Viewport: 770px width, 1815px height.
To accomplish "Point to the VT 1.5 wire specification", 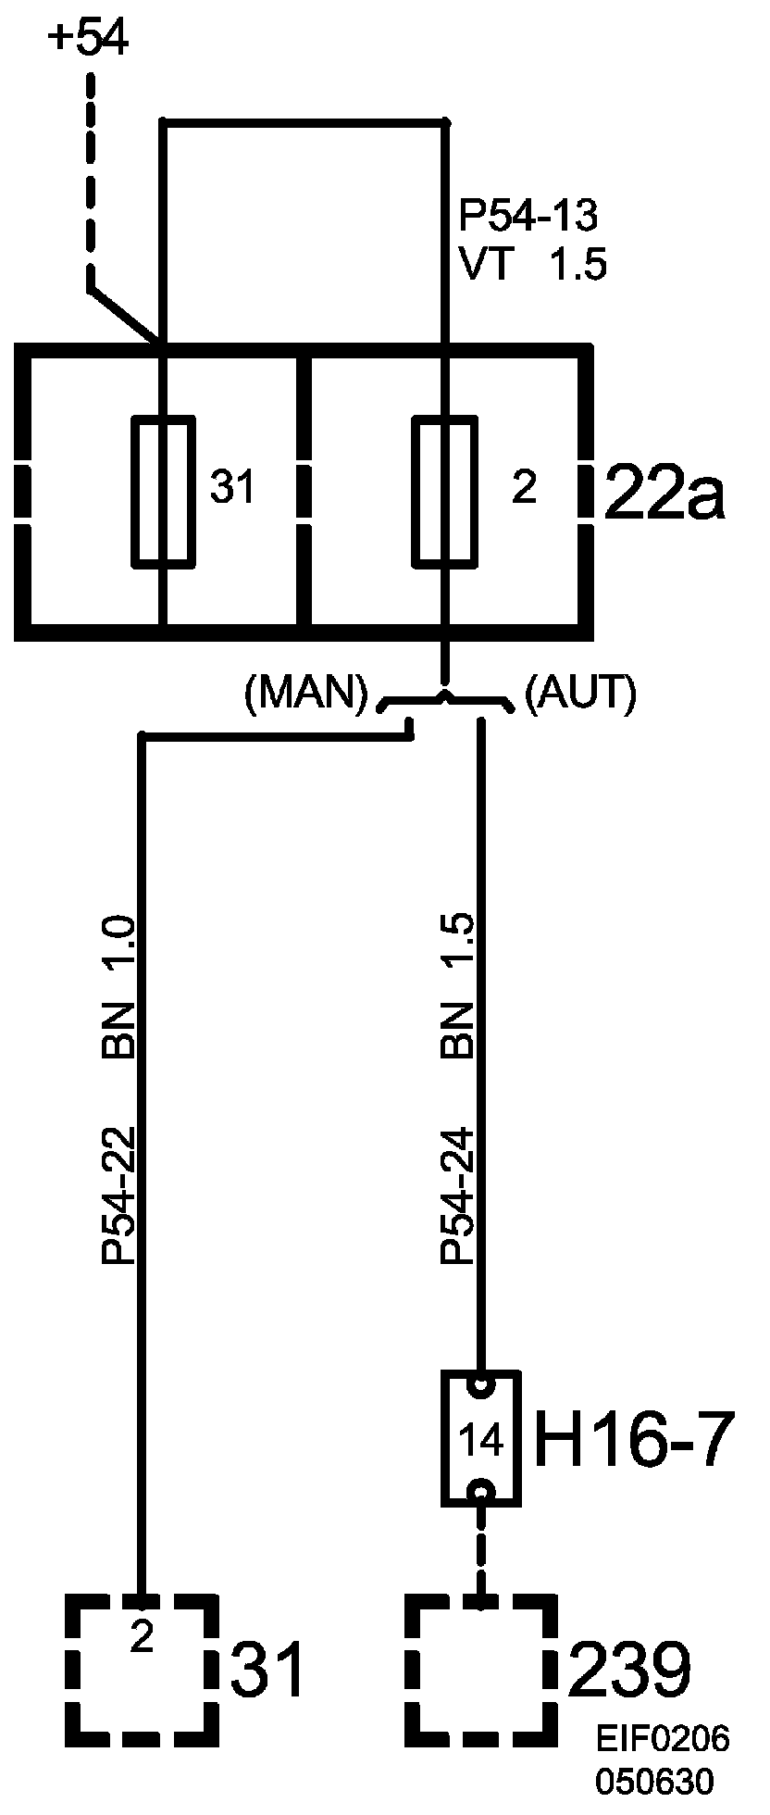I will (x=532, y=266).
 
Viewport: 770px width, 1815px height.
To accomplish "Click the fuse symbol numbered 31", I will (x=165, y=490).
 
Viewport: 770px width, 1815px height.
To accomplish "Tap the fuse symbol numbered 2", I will (x=445, y=490).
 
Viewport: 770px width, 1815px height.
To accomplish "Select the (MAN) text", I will (x=305, y=694).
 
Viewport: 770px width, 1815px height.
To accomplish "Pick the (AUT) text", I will (x=580, y=694).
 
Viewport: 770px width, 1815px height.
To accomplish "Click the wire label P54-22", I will (x=120, y=1195).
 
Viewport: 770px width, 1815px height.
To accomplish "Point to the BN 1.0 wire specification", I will (x=120, y=986).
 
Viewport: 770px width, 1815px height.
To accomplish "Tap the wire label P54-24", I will (x=458, y=1195).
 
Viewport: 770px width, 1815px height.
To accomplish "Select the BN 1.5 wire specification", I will (x=458, y=986).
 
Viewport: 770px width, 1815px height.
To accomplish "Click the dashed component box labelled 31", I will (x=143, y=1665).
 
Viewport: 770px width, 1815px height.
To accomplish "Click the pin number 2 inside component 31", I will (x=141, y=1639).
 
